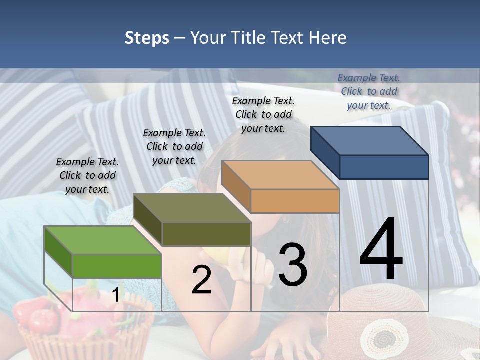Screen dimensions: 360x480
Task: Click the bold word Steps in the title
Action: pos(147,38)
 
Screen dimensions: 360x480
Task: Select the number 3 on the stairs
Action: pos(292,265)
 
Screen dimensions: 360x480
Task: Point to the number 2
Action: pos(201,280)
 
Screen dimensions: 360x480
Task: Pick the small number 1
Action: pos(115,295)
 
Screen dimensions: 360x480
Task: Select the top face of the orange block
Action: pos(280,175)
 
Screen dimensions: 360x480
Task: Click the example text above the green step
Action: pos(87,175)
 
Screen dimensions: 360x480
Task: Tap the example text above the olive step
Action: pos(174,146)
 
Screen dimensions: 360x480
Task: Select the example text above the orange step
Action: pos(263,114)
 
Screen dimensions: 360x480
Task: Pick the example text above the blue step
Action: pos(369,91)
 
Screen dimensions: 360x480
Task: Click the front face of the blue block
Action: pos(384,167)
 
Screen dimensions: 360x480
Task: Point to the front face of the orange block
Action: pos(295,201)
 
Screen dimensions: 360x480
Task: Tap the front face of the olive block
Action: pos(206,234)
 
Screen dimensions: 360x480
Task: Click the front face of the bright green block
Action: pos(117,266)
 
